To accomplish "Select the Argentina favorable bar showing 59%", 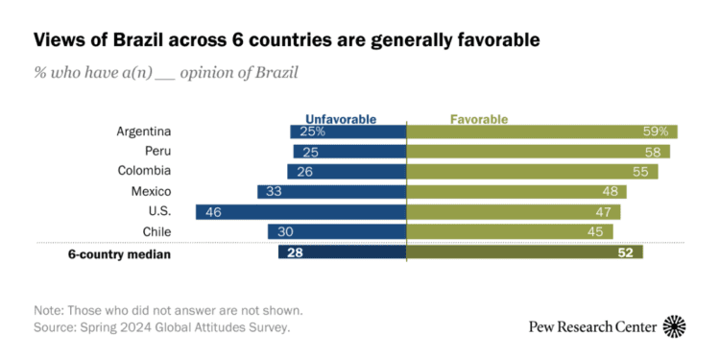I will click(542, 132).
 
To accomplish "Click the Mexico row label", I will click(151, 191).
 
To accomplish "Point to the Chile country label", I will click(156, 231).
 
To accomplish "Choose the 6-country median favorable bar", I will click(525, 252).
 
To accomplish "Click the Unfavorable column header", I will click(341, 119).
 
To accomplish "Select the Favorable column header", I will click(479, 119).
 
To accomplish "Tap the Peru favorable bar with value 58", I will click(539, 152).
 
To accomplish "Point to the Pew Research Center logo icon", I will click(675, 326).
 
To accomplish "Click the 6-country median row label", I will click(120, 252).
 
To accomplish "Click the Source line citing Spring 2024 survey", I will click(161, 327).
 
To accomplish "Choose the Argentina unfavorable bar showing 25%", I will click(348, 132).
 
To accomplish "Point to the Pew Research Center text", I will click(593, 327).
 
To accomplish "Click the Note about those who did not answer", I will click(169, 310).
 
